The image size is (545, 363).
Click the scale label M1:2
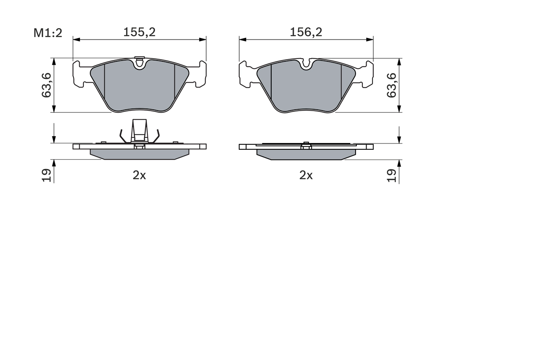tap(48, 32)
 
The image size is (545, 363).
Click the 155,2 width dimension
tap(139, 32)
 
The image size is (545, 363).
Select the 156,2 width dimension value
tap(306, 32)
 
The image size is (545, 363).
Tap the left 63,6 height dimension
tap(46, 85)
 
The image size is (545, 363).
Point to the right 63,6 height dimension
tap(391, 85)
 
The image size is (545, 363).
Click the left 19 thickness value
tap(46, 175)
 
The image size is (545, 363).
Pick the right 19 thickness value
tap(391, 175)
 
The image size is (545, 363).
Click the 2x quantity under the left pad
tap(139, 175)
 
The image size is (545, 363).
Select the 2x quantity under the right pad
tap(306, 175)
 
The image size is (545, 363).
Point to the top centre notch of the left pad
tap(139, 64)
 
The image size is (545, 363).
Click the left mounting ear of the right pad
tap(244, 74)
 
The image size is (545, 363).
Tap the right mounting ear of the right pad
tap(368, 74)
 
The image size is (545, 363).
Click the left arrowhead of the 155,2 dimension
tap(76, 40)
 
